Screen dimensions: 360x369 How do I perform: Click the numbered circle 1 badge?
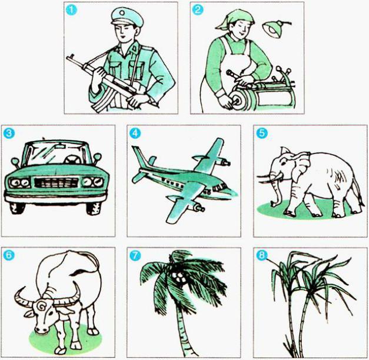[x=72, y=10]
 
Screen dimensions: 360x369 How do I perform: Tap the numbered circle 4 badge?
[x=135, y=134]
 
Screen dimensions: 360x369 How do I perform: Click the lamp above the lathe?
[x=274, y=28]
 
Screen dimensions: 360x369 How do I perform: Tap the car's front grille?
[x=56, y=182]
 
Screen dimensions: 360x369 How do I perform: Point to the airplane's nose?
[x=232, y=189]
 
